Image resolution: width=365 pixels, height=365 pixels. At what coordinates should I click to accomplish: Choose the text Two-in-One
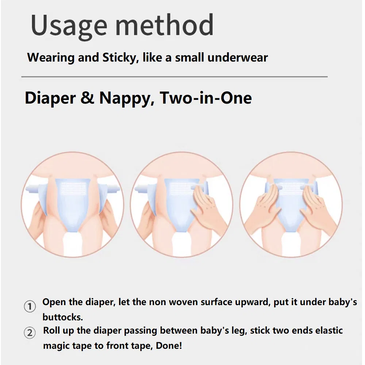(x=206, y=99)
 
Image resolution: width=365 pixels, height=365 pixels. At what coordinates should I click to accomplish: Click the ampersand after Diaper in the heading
(x=87, y=99)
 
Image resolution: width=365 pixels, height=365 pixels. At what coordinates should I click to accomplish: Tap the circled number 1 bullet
(x=30, y=306)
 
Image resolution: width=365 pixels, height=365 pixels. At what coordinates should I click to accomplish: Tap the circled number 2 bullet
(x=30, y=333)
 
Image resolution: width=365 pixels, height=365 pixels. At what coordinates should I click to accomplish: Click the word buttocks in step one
(x=62, y=317)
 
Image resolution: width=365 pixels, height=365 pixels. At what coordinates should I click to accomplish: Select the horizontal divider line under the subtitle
(x=174, y=77)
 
